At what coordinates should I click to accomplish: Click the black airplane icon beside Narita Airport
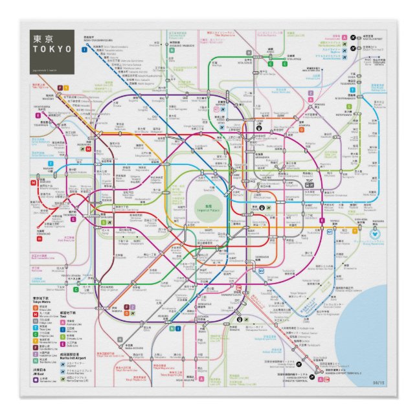tap(353, 47)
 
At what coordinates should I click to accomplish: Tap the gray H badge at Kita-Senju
tap(248, 52)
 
